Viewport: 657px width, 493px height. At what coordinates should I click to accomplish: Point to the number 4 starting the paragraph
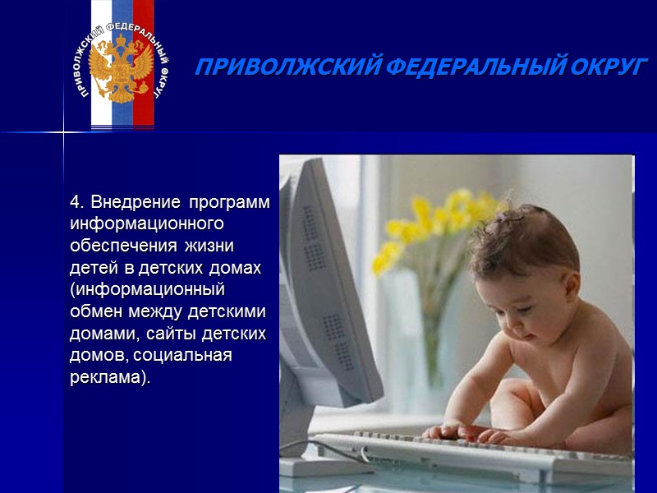click(x=76, y=202)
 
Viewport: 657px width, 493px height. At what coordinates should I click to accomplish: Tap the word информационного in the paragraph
click(x=148, y=223)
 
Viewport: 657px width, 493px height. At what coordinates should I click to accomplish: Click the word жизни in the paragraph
click(x=212, y=246)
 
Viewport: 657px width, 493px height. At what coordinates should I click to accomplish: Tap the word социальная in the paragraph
click(x=192, y=357)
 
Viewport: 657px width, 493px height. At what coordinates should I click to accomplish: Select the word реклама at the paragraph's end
click(x=107, y=379)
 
